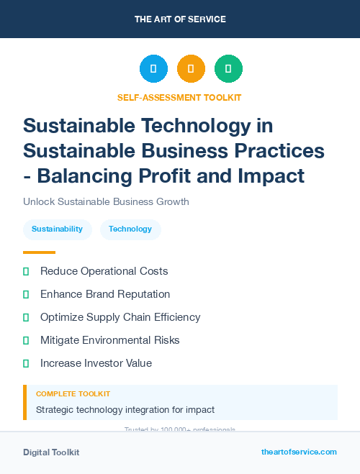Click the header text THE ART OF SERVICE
(x=180, y=19)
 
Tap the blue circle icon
(x=153, y=69)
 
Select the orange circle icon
(x=191, y=69)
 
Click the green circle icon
(x=228, y=69)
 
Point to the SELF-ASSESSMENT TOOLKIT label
(x=179, y=97)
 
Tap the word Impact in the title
(x=271, y=175)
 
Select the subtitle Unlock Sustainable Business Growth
(x=106, y=201)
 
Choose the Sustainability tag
(x=57, y=229)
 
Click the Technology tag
(x=130, y=229)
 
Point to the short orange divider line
(x=39, y=252)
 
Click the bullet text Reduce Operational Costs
(x=104, y=271)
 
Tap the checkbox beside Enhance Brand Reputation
(x=26, y=294)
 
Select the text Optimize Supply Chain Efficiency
(x=120, y=317)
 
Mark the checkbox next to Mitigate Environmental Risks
(x=26, y=340)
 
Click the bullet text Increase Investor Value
(x=96, y=363)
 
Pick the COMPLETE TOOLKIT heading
(x=73, y=394)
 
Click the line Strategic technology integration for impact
(x=125, y=410)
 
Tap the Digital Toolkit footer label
(x=51, y=452)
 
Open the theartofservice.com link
(x=299, y=452)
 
